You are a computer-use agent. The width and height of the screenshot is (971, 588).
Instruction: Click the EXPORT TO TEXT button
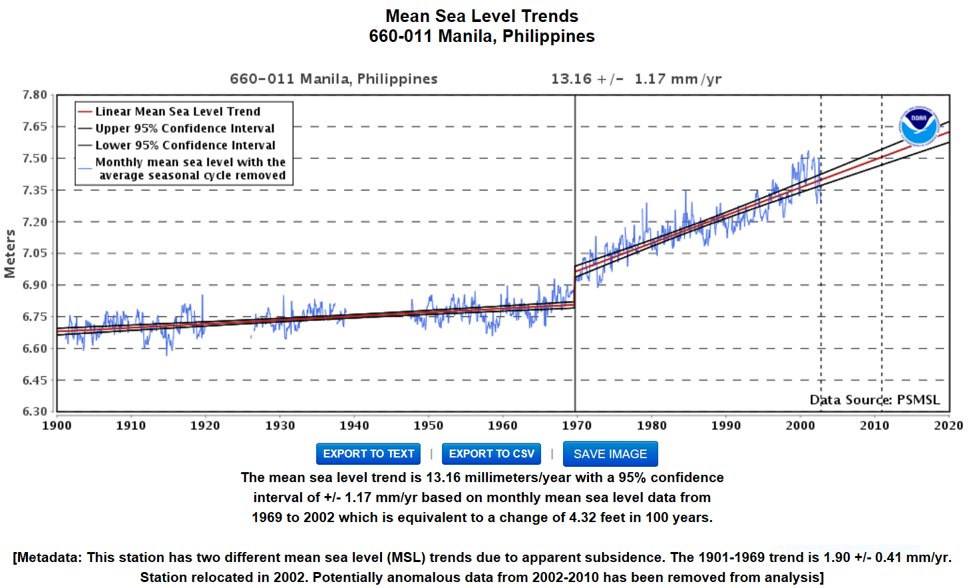(x=368, y=454)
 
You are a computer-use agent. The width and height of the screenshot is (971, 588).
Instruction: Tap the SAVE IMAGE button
(x=610, y=454)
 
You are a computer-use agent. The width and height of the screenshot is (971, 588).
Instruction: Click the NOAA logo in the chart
(x=918, y=126)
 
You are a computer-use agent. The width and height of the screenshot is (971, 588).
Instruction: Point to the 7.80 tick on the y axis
(x=35, y=95)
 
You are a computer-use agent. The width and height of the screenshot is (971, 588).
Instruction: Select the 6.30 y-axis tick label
(x=35, y=412)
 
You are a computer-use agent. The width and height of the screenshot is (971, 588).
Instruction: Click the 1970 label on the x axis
(x=576, y=426)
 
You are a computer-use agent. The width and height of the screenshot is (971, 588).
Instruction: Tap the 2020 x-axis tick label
(x=948, y=426)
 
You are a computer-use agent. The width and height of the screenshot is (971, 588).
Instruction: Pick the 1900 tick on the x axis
(x=57, y=426)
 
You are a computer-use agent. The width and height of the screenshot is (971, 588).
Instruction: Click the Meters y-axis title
(x=10, y=254)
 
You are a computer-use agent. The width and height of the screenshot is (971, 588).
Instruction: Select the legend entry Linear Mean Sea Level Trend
(x=178, y=111)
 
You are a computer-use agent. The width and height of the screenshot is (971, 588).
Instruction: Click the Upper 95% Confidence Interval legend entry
(x=184, y=128)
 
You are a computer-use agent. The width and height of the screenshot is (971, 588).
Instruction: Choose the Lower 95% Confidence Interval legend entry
(x=185, y=145)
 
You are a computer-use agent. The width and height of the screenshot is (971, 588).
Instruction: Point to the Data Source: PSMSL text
(x=874, y=400)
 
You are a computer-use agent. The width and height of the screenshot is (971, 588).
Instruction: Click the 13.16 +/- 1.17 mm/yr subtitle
(x=636, y=79)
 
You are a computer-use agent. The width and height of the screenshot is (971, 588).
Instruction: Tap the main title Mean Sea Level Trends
(x=482, y=16)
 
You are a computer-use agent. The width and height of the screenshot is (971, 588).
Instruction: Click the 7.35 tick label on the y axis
(x=35, y=190)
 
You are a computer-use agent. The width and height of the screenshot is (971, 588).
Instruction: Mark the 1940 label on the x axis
(x=354, y=426)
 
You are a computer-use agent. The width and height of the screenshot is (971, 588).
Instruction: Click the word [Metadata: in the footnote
(x=47, y=557)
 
